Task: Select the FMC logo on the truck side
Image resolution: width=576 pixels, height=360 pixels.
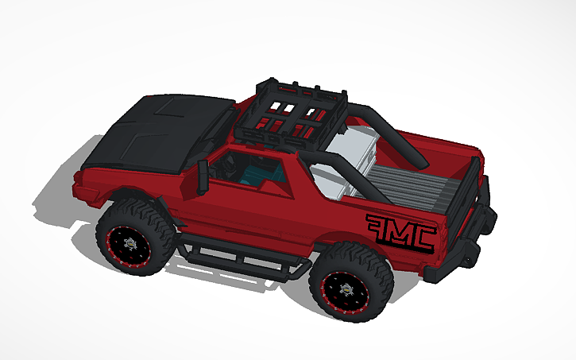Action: point(400,231)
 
